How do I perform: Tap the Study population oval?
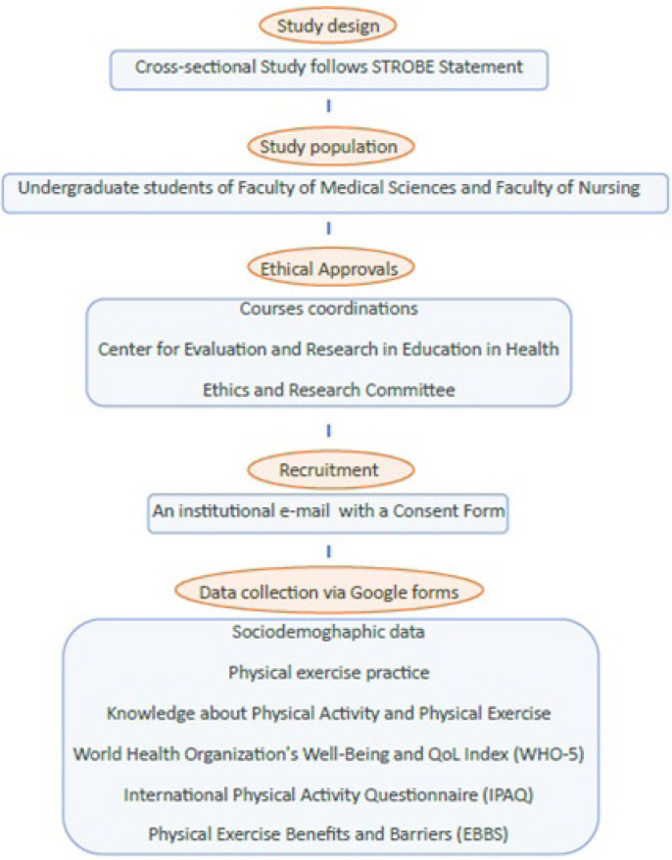click(328, 148)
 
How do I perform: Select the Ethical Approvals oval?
click(328, 267)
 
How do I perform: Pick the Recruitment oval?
click(328, 471)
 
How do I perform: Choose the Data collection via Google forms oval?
click(328, 593)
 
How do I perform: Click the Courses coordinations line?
click(328, 309)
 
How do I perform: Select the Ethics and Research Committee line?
click(328, 390)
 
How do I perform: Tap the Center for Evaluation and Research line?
click(328, 350)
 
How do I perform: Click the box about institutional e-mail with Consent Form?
click(328, 512)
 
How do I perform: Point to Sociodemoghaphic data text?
click(328, 633)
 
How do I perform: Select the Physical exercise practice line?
click(328, 673)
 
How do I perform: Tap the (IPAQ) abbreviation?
click(504, 794)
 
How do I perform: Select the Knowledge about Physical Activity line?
click(328, 714)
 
